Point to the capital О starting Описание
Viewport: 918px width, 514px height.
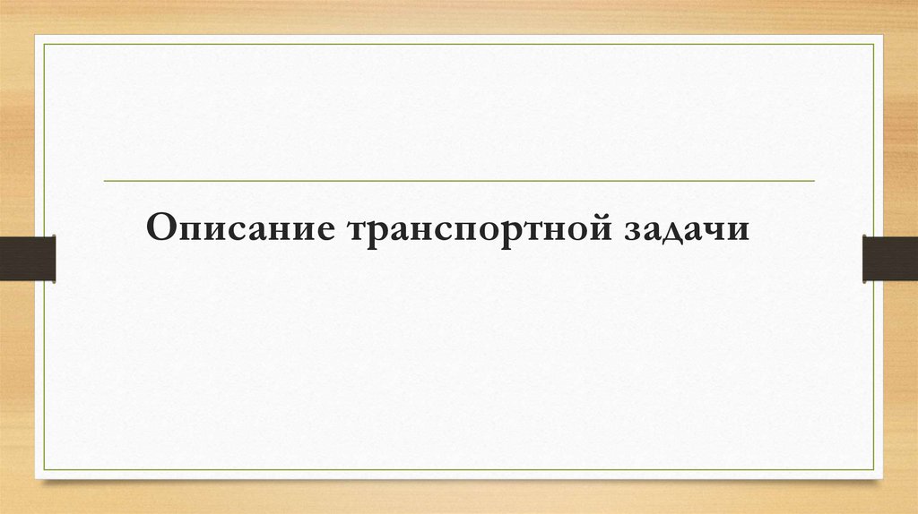[161, 227]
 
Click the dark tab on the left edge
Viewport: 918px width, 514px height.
[28, 258]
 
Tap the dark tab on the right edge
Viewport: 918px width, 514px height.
[890, 258]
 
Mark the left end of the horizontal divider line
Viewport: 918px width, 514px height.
[105, 181]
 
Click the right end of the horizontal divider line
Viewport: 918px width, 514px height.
[814, 181]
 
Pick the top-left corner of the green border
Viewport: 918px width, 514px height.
[45, 43]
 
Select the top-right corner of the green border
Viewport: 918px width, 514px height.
[873, 43]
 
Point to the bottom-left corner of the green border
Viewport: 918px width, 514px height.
[45, 471]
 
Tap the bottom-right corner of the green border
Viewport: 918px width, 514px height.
[873, 471]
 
